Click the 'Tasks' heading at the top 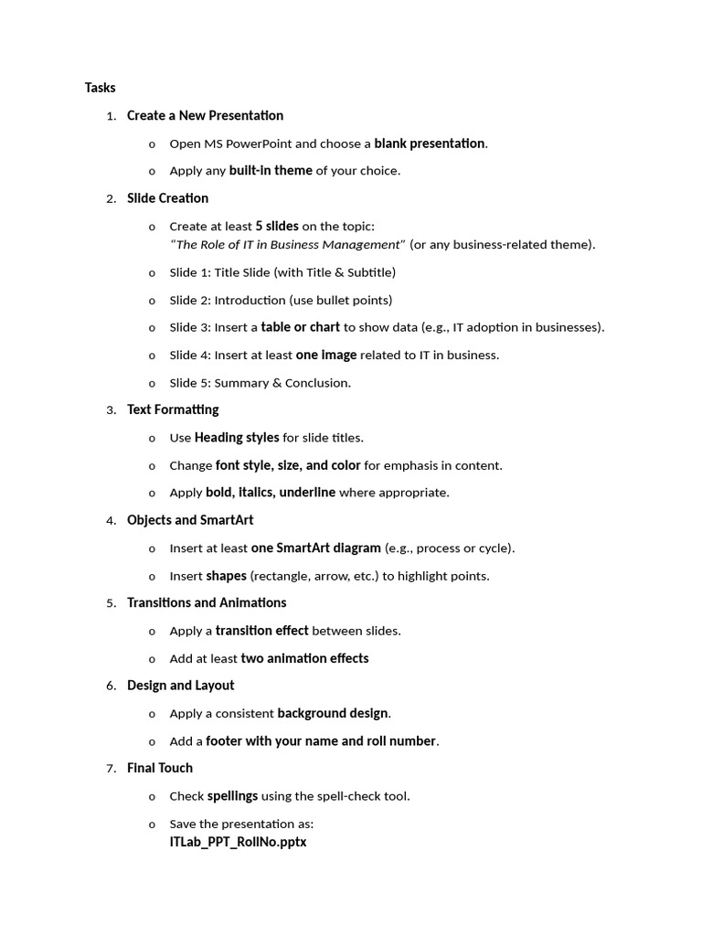[x=101, y=88]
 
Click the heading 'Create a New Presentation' [x=205, y=115]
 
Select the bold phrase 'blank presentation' [x=429, y=144]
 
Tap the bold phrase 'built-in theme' [x=271, y=171]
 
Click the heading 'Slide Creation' [x=167, y=198]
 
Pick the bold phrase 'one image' [x=325, y=355]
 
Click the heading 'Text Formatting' [x=173, y=409]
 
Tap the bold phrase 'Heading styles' [x=237, y=438]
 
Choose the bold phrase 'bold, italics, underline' [x=270, y=493]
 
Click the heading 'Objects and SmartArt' [x=190, y=520]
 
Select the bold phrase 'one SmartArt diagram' [x=315, y=548]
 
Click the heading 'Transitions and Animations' [x=207, y=602]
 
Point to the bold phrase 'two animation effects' [x=304, y=658]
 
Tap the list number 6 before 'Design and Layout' [x=111, y=686]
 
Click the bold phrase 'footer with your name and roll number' [x=320, y=741]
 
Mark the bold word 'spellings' [x=232, y=796]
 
